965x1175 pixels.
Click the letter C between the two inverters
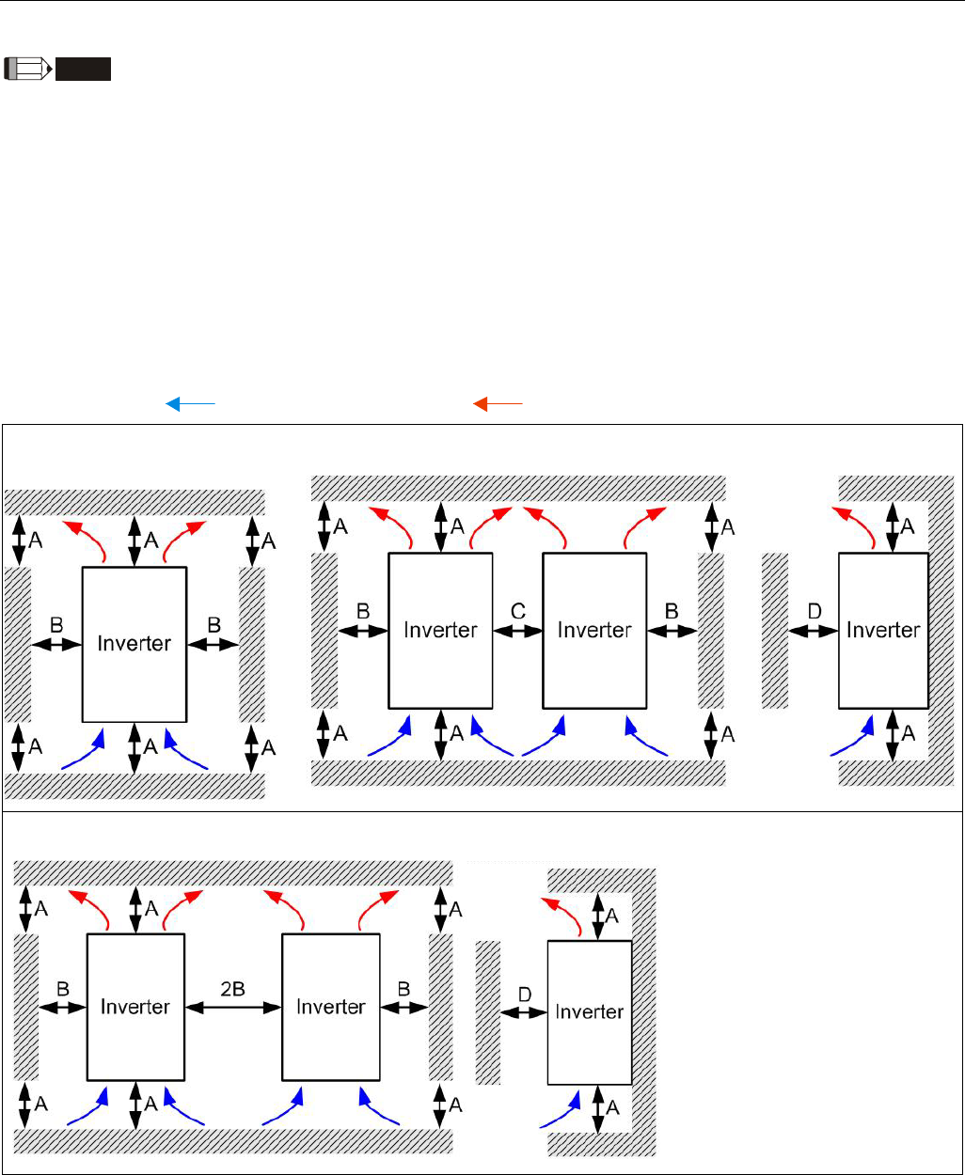(518, 611)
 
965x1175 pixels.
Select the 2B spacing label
(233, 988)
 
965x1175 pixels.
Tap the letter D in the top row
(815, 611)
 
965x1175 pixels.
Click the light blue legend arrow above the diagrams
(191, 404)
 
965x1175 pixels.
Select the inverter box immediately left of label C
(440, 630)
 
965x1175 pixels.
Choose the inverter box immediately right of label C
(594, 630)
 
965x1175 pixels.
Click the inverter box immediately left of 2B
(134, 1007)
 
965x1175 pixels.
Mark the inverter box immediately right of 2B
(330, 1007)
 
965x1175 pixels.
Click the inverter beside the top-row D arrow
(882, 630)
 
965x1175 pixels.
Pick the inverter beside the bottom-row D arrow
(590, 1011)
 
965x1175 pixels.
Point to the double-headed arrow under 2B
(233, 1007)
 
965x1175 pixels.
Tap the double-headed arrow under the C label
(518, 631)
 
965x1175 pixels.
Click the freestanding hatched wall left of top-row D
(774, 630)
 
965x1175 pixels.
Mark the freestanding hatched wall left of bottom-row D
(488, 1011)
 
